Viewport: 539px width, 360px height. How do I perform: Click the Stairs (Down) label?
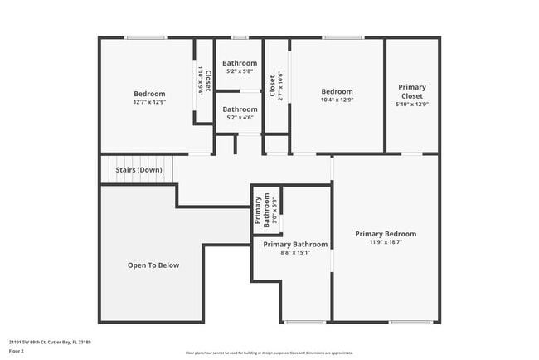(x=138, y=170)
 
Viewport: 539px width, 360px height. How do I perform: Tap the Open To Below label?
(x=153, y=265)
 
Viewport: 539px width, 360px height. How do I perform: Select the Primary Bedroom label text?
(x=386, y=234)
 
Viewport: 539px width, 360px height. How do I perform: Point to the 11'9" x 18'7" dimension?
(x=386, y=242)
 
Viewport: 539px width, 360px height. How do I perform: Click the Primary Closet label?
(x=412, y=91)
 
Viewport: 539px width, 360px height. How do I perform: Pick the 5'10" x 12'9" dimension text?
(x=412, y=105)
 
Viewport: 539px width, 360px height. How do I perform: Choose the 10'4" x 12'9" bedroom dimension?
(x=337, y=100)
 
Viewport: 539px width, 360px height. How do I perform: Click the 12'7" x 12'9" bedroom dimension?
(x=149, y=102)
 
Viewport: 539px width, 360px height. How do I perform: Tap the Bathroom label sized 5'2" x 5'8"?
(x=240, y=63)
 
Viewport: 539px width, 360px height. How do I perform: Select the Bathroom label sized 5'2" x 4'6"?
(x=240, y=109)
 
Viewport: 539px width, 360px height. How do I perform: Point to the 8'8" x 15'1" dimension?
(x=295, y=253)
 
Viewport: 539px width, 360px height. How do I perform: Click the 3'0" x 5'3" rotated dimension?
(x=274, y=212)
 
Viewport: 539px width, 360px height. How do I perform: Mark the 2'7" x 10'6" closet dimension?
(x=280, y=87)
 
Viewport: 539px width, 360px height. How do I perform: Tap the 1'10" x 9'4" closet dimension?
(x=200, y=80)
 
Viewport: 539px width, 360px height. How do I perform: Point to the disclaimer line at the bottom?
(x=269, y=353)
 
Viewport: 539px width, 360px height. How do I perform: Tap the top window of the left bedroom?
(x=146, y=37)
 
